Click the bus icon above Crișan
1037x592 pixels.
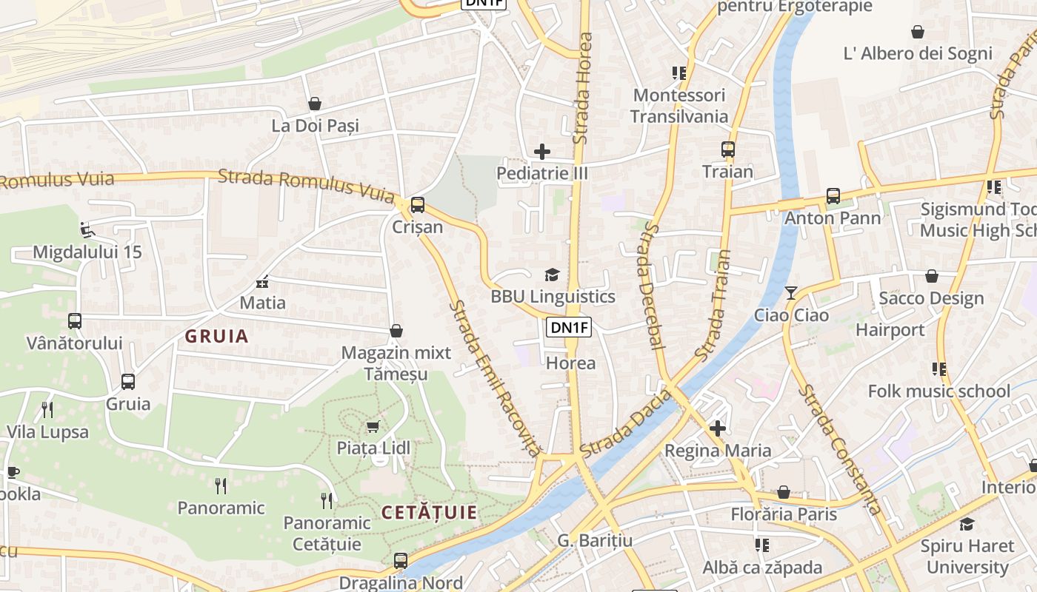[x=418, y=205]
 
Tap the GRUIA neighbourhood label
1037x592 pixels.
[x=216, y=337]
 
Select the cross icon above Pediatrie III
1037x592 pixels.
[x=542, y=152]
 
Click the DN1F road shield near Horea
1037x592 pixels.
[x=570, y=326]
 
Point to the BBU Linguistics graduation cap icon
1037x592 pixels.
[x=552, y=275]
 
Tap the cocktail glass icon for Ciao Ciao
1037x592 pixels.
[x=791, y=293]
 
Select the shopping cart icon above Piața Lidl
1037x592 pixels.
[x=373, y=426]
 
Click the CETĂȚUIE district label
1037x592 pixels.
[x=430, y=513]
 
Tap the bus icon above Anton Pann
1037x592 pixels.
[x=833, y=196]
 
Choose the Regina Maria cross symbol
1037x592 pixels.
[x=717, y=428]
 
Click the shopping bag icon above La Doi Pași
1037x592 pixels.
[x=315, y=104]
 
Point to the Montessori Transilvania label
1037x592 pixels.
[x=679, y=106]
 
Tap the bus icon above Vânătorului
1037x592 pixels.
[x=75, y=321]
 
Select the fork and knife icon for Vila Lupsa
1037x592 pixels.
[x=47, y=410]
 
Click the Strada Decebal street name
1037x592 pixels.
[x=650, y=285]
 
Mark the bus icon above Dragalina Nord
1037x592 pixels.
[x=401, y=561]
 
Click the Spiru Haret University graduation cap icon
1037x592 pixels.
[x=967, y=525]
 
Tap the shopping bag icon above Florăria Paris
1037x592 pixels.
[x=784, y=492]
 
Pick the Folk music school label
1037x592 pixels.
[x=938, y=391]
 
